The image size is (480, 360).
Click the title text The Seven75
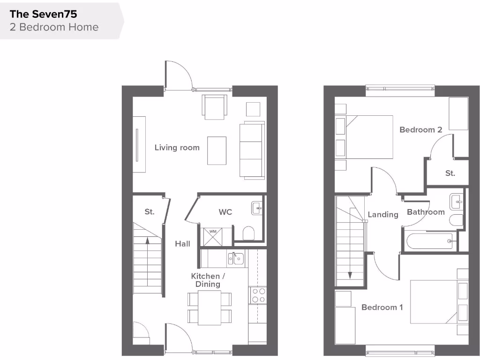[x=43, y=14]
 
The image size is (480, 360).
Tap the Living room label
[x=177, y=148]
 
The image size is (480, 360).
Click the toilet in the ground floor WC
[x=248, y=233]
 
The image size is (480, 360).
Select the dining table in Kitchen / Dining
[x=209, y=307]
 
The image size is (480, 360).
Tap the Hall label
[x=182, y=244]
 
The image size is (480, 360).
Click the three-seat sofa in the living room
[x=252, y=150]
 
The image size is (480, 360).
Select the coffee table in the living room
[x=217, y=150]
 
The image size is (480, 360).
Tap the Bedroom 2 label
[x=420, y=130]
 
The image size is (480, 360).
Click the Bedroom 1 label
[x=382, y=307]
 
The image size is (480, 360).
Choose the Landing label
[x=382, y=215]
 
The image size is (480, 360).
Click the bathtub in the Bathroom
[x=429, y=241]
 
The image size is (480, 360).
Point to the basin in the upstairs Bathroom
[x=456, y=202]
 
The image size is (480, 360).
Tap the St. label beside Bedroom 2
[x=450, y=173]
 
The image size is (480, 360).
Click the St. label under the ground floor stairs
[x=150, y=212]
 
